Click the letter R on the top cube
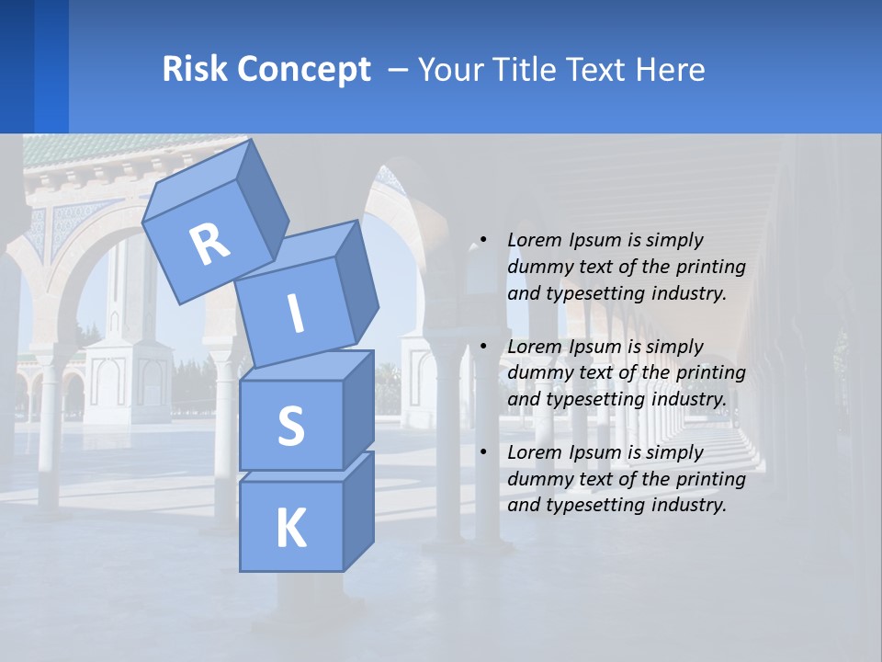pos(209,244)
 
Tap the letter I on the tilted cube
pos(295,314)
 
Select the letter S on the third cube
pos(290,426)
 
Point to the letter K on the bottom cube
pos(290,529)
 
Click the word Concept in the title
pos(302,70)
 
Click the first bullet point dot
pos(483,240)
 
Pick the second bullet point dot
pos(483,347)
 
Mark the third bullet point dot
pos(483,452)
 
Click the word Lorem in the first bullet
pos(534,240)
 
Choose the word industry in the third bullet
pos(689,505)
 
